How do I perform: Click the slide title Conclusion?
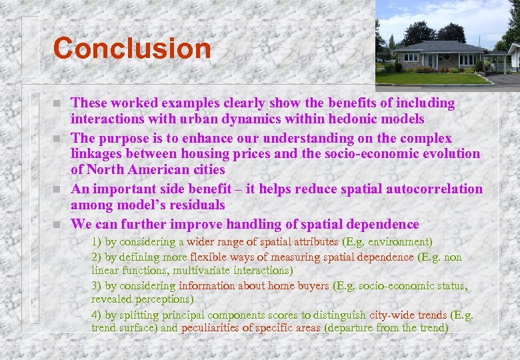[x=132, y=49]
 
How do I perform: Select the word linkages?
[x=98, y=153]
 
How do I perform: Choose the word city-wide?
[x=390, y=314]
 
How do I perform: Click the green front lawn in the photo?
[x=427, y=78]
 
